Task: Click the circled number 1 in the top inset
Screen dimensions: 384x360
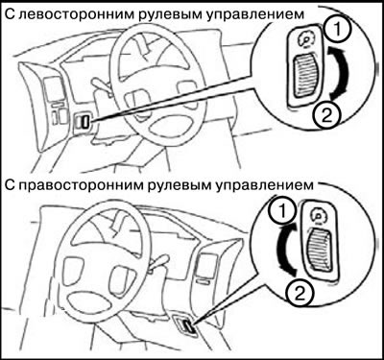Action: [x=338, y=30]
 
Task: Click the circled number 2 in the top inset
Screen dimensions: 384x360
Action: [x=326, y=116]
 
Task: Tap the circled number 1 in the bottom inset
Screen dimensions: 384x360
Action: [x=282, y=211]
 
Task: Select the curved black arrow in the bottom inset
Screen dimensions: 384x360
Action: [x=281, y=251]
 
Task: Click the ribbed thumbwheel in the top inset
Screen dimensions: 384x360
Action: [x=307, y=77]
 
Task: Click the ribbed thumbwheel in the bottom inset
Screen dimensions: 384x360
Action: [x=319, y=251]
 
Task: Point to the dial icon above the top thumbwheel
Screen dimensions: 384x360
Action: [x=307, y=39]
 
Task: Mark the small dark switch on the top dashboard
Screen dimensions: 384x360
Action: [x=84, y=122]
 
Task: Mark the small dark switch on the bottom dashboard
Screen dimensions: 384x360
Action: [x=187, y=327]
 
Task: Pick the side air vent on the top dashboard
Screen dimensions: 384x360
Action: [x=53, y=89]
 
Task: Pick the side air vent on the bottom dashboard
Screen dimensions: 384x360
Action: [x=207, y=265]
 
